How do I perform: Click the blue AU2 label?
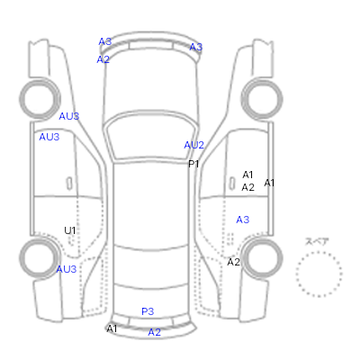coord(194,145)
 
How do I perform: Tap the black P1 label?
coord(193,164)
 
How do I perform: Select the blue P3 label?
coord(148,311)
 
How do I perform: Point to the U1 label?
coord(70,230)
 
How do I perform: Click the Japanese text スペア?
coord(317,241)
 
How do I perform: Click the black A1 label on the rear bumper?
coord(112,328)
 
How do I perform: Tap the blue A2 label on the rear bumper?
coord(155,332)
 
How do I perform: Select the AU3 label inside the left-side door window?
coord(49,137)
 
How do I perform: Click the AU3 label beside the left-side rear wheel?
coord(67,269)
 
